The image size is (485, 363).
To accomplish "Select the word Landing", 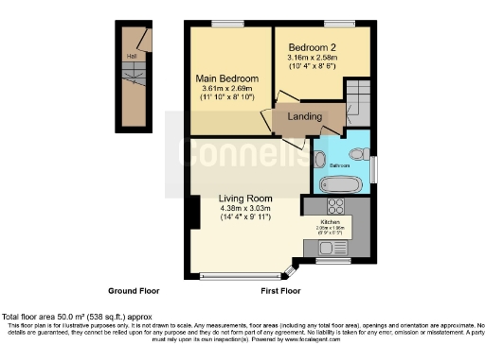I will [303, 117].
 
